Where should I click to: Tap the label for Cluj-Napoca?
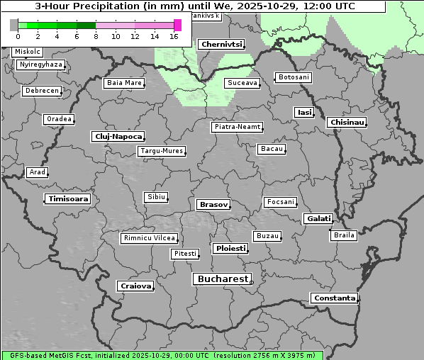click(118, 136)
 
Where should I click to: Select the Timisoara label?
click(68, 199)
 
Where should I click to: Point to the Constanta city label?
click(334, 298)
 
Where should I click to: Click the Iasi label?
click(304, 113)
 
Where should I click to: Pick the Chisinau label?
click(347, 123)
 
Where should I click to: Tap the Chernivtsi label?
click(221, 45)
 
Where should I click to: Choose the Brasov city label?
click(213, 205)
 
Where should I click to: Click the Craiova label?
click(135, 286)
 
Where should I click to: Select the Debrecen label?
click(41, 91)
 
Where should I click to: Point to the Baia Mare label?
click(124, 83)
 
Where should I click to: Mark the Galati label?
click(318, 219)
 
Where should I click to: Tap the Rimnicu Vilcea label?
click(149, 238)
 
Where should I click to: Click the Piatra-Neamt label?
click(238, 127)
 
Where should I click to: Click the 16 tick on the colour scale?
click(174, 36)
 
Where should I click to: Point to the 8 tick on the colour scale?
click(96, 36)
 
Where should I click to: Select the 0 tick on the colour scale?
click(18, 36)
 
